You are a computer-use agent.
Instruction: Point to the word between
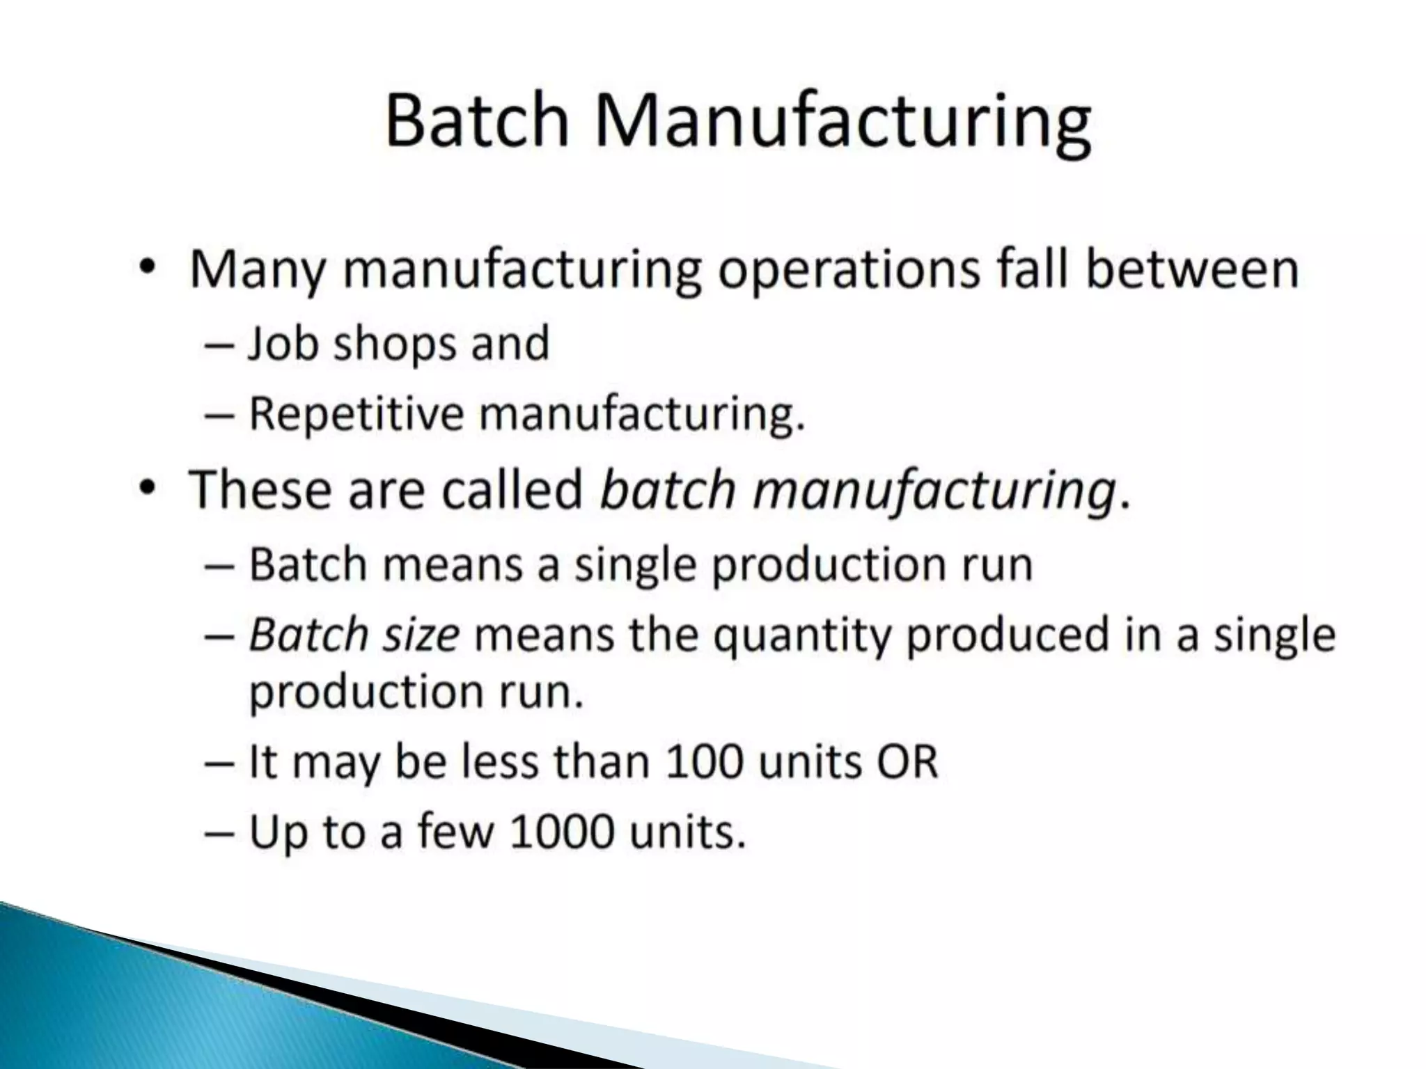tap(1192, 269)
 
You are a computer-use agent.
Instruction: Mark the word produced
tap(1008, 635)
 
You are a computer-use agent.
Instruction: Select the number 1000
tap(562, 831)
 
